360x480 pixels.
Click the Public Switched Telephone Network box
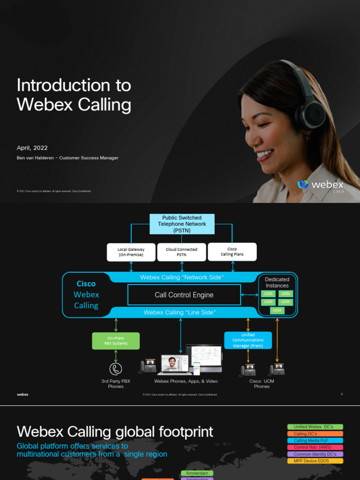pyautogui.click(x=182, y=224)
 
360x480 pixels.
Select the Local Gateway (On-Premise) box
pyautogui.click(x=131, y=252)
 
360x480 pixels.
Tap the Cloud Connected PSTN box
pyautogui.click(x=181, y=252)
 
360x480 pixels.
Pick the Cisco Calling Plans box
pyautogui.click(x=232, y=252)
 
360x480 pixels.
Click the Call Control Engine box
pyautogui.click(x=184, y=295)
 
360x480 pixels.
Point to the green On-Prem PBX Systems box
pyautogui.click(x=116, y=341)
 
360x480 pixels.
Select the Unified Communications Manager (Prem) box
pyautogui.click(x=248, y=340)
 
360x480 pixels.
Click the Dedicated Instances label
pyautogui.click(x=277, y=282)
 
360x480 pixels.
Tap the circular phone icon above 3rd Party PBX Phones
pyautogui.click(x=116, y=368)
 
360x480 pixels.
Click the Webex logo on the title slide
pyautogui.click(x=321, y=185)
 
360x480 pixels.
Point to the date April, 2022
pyautogui.click(x=32, y=148)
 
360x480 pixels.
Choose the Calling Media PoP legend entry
pyautogui.click(x=315, y=441)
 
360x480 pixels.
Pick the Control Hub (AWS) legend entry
pyautogui.click(x=315, y=447)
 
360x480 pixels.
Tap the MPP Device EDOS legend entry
pyautogui.click(x=315, y=461)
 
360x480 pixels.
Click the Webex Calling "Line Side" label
pyautogui.click(x=180, y=312)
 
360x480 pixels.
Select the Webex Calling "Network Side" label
pyautogui.click(x=182, y=277)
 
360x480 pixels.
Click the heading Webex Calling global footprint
pyautogui.click(x=115, y=432)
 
